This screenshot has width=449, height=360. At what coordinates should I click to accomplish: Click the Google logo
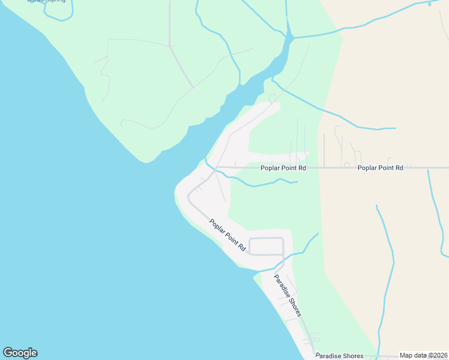click(x=20, y=353)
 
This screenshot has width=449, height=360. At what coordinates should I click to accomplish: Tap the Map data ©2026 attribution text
click(x=423, y=355)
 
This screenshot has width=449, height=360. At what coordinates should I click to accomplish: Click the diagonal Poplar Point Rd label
click(x=228, y=235)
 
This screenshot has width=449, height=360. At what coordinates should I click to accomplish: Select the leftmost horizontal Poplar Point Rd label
click(x=283, y=168)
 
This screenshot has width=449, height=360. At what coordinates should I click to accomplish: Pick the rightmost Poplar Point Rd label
click(x=380, y=168)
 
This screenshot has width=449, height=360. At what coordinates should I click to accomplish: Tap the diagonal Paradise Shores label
click(x=288, y=296)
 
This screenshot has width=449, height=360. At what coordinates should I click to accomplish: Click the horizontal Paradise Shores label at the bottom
click(x=339, y=356)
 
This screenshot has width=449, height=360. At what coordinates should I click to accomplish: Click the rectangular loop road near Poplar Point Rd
click(x=266, y=246)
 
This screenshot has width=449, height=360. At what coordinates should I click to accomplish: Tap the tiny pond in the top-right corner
click(x=430, y=4)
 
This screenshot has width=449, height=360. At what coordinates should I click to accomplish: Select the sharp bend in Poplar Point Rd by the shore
click(x=190, y=196)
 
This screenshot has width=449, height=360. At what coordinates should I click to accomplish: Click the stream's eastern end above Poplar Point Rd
click(x=297, y=182)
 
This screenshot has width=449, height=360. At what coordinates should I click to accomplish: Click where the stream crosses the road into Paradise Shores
click(x=283, y=257)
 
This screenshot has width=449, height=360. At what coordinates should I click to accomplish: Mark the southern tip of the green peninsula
click(x=146, y=161)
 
